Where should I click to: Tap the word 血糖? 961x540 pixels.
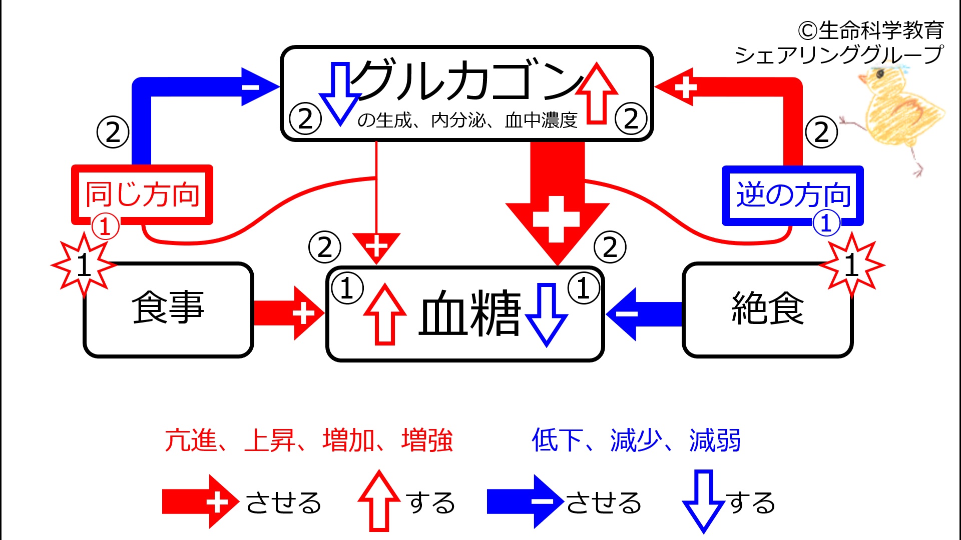pos(469,314)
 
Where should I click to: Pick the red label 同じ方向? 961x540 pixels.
pos(142,194)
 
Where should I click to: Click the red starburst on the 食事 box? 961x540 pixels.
pos(84,265)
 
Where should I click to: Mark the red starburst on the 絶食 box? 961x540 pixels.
pos(851,265)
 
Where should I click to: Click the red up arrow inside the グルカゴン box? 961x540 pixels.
pos(597,93)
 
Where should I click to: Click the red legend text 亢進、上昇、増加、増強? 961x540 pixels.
pos(309,440)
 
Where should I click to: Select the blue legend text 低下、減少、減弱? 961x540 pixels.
pos(636,440)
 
